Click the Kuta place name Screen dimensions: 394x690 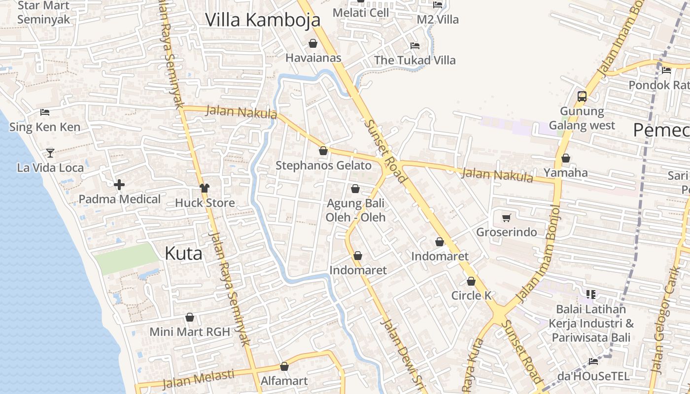[183, 254]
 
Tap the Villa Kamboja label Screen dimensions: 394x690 [263, 20]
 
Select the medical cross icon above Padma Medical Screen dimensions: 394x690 [119, 185]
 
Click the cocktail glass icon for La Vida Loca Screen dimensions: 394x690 [50, 153]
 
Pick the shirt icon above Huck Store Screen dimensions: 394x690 [205, 188]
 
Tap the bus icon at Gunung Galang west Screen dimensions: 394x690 [582, 96]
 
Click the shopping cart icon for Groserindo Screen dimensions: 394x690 [506, 218]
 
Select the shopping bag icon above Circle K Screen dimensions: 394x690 [471, 282]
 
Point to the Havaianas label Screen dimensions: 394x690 [313, 58]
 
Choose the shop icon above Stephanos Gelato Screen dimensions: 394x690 [323, 151]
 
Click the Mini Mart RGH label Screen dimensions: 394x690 [190, 332]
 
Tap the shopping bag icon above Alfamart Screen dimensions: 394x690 [284, 366]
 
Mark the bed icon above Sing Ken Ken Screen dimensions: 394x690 [45, 112]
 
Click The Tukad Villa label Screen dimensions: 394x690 [414, 61]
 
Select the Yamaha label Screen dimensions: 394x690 [565, 173]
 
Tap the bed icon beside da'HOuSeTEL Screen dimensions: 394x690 [593, 361]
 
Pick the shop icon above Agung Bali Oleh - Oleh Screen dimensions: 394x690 [355, 189]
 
